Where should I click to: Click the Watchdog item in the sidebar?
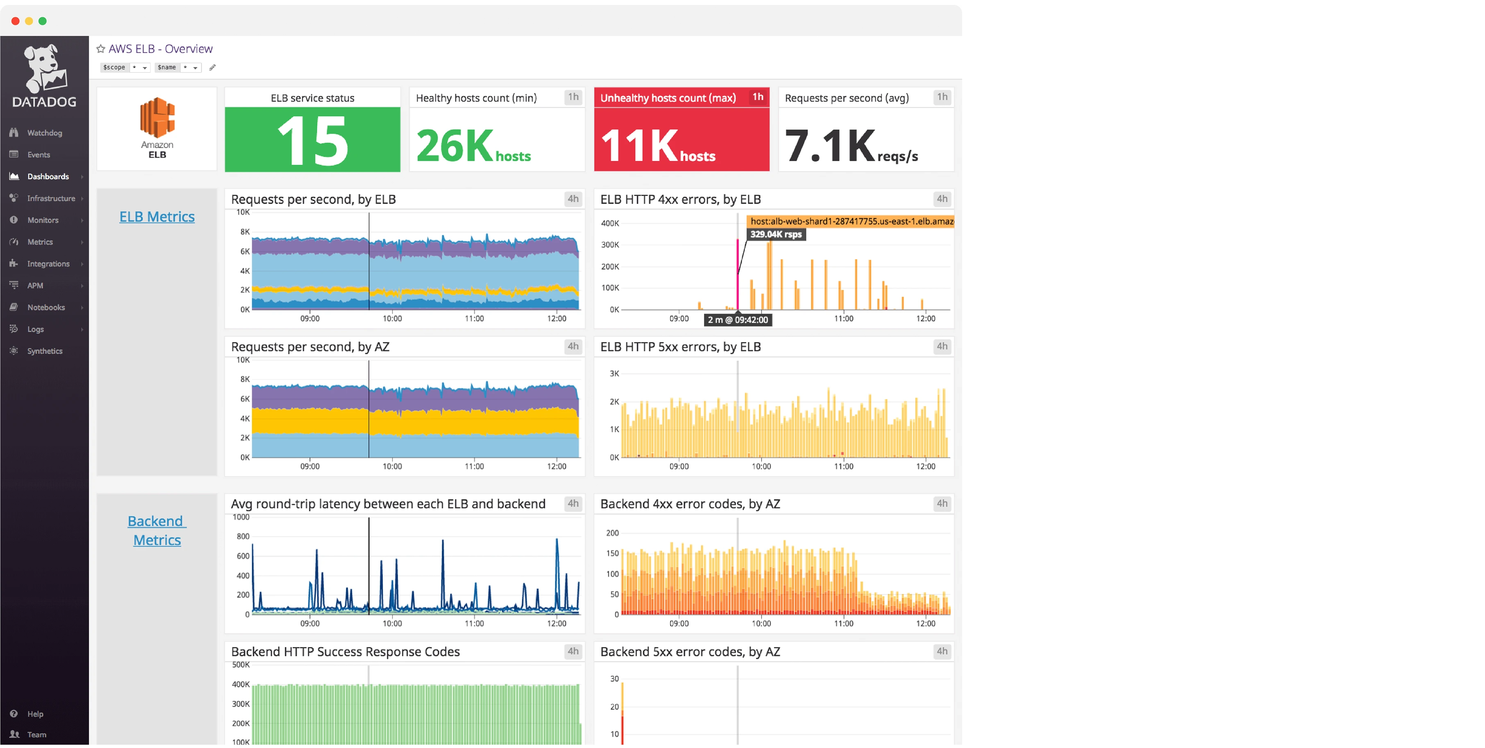[x=44, y=132]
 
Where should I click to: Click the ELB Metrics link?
[x=157, y=217]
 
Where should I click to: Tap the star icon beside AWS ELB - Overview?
[x=101, y=49]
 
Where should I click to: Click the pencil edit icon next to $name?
[x=212, y=68]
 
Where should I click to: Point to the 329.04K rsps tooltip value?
[x=776, y=234]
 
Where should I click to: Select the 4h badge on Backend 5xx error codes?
[x=941, y=651]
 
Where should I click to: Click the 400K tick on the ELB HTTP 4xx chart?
[x=609, y=223]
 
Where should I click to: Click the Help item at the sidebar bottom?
[x=34, y=714]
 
